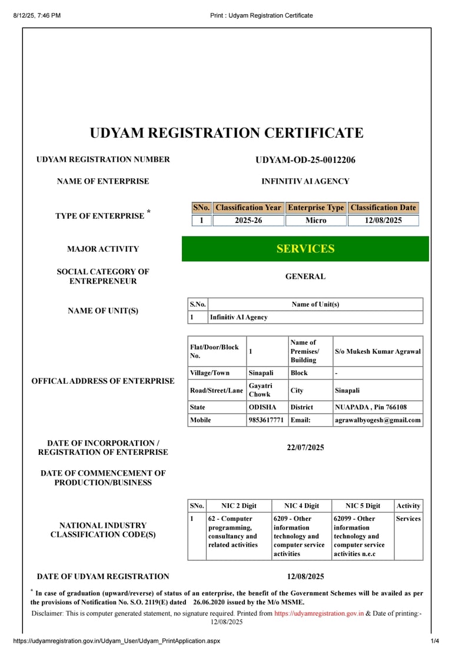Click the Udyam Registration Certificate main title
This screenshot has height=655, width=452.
227,133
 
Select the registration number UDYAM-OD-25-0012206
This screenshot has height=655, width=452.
305,160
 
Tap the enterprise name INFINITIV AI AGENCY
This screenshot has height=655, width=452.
305,181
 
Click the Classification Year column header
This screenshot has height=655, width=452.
248,208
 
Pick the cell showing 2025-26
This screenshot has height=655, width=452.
248,221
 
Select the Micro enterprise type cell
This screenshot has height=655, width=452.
315,221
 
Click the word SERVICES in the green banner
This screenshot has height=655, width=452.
305,249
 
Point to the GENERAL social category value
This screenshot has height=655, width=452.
305,277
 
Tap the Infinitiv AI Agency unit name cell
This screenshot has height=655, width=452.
239,317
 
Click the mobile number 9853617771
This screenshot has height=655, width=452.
266,420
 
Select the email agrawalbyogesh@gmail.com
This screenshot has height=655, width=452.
378,420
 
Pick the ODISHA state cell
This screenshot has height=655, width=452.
262,407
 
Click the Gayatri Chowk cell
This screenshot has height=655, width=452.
260,390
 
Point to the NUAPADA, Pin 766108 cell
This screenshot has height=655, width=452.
371,407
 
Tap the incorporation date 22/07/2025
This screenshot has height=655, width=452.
305,448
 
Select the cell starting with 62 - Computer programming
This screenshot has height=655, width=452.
232,531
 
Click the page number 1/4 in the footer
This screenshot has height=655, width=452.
435,641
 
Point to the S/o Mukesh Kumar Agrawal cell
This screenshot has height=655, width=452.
378,352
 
